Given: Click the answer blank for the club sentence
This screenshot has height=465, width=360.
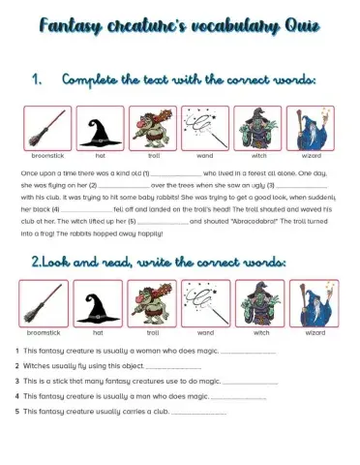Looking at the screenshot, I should tap(205, 412).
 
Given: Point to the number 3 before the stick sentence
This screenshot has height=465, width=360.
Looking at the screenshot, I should tap(17, 381).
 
